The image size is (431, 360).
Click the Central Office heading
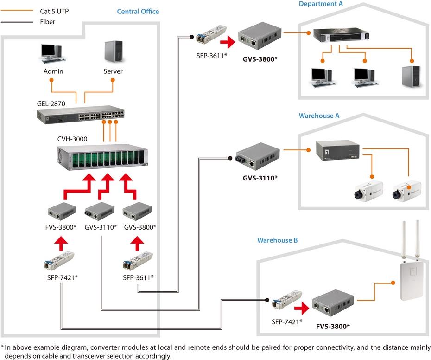(138, 11)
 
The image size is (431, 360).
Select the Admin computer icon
(51, 53)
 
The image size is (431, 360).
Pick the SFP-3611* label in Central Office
(138, 277)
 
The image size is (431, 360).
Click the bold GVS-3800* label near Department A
(260, 59)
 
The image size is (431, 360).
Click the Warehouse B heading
(278, 240)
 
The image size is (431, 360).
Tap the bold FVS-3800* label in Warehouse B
(333, 326)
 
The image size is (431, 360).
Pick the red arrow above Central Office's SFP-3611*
(138, 242)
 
